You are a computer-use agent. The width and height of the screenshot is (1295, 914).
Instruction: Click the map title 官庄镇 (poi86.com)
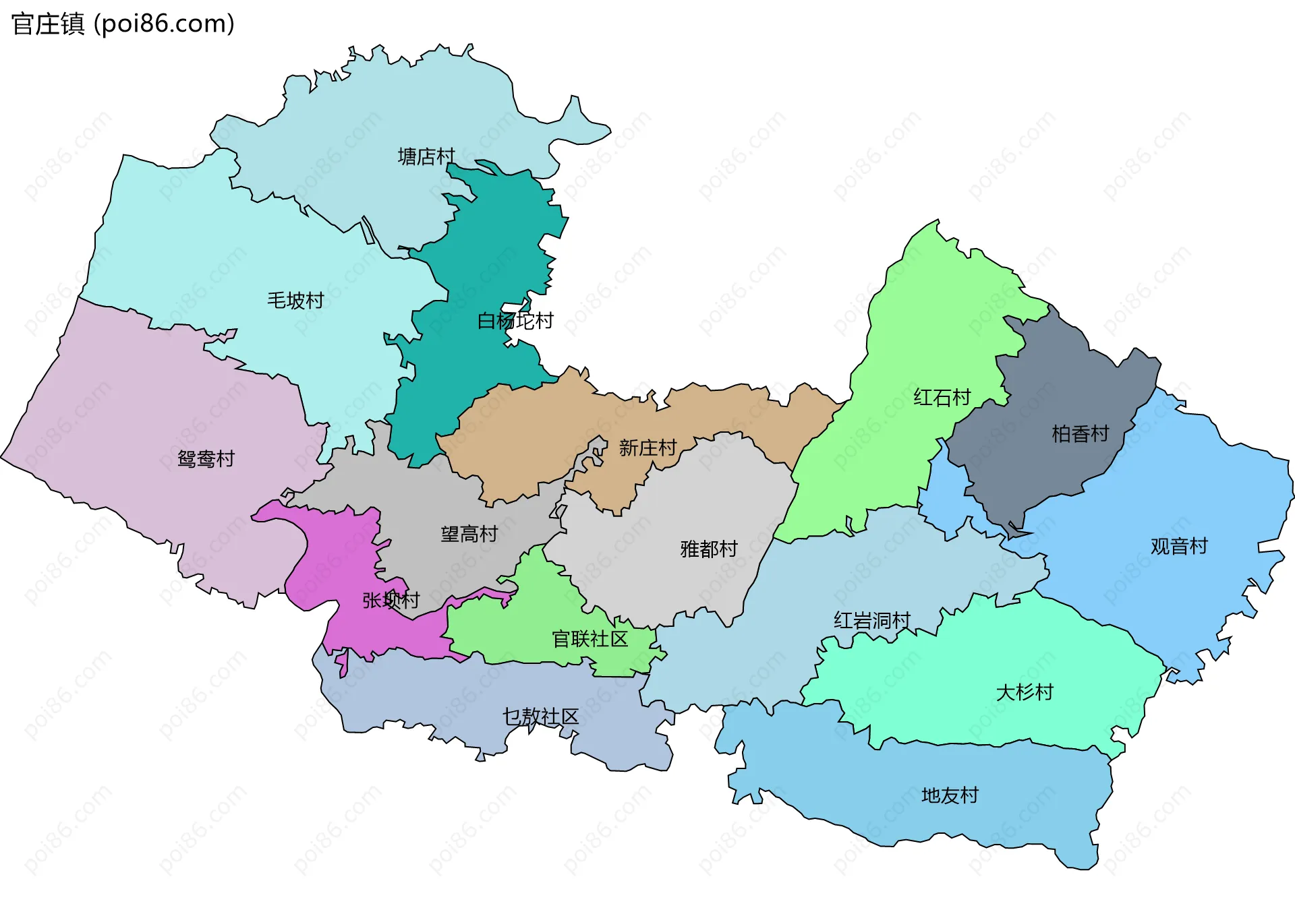coord(123,24)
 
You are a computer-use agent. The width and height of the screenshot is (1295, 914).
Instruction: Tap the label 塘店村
coord(426,157)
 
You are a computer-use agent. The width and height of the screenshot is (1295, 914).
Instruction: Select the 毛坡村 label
coord(295,301)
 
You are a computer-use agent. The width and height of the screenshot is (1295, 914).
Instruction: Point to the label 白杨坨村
coord(515,321)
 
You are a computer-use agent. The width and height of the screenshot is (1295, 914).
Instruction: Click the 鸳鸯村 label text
coord(206,459)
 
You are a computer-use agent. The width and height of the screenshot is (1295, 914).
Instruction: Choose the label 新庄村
coord(647,448)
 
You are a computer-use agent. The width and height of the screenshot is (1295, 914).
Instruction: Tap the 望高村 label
coord(469,535)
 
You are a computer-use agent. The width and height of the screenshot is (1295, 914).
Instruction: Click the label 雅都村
coord(709,549)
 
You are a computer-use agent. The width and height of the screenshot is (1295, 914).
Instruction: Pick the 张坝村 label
coord(391,600)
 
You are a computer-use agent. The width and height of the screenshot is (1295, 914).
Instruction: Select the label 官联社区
coord(589,639)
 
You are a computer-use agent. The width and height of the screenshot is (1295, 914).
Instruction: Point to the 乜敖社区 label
coord(540,717)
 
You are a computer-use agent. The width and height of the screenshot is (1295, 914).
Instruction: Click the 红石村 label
coord(942,398)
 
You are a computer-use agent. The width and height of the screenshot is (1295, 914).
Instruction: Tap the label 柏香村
coord(1080,434)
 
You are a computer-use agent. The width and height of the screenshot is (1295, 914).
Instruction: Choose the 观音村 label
coord(1178,546)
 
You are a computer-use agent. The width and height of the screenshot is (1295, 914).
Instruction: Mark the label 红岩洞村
coord(871,620)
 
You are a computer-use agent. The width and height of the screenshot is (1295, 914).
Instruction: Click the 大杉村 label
coord(1024,692)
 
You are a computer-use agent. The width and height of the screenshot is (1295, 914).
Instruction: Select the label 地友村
coord(950,796)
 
